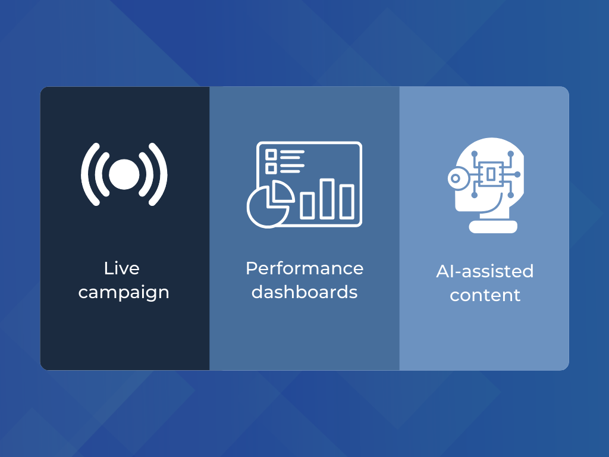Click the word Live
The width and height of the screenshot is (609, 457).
pos(121,268)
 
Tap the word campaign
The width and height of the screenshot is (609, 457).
pos(124,293)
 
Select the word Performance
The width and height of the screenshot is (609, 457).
pos(304,268)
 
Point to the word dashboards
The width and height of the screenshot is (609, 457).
pos(304,292)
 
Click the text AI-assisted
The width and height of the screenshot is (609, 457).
pos(485,271)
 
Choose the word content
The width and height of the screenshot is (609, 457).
pos(485,295)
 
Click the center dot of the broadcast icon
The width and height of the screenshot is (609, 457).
pos(124,174)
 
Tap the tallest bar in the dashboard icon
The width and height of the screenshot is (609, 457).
pos(327,199)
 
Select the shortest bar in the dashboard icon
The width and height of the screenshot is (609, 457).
pos(307,205)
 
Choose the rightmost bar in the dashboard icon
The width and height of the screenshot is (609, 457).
pos(347,202)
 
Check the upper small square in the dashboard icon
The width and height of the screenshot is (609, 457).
pos(271,155)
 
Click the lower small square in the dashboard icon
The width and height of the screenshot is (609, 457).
pos(271,168)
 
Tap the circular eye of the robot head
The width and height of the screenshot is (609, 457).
pos(456,179)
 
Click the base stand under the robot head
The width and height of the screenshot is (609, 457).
pos(493,227)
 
